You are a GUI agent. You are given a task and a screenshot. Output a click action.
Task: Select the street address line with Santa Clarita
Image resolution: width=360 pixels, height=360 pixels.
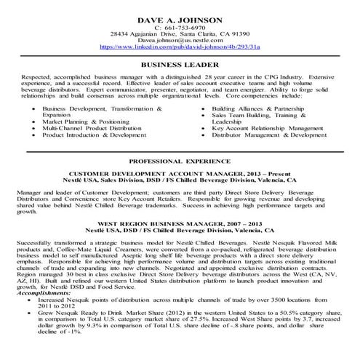click(180, 33)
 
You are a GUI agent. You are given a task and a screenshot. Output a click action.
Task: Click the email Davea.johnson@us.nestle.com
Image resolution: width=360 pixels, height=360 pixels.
click(180, 41)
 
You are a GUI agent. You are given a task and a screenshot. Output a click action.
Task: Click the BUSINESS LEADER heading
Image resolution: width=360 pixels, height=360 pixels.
click(180, 64)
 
